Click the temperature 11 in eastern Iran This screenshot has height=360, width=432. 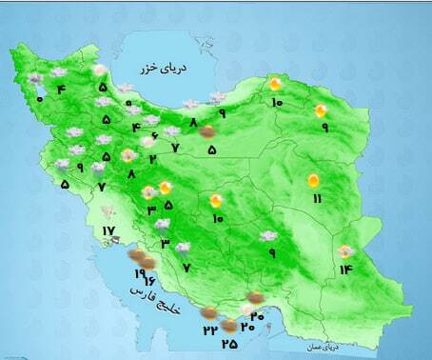[x=317, y=197]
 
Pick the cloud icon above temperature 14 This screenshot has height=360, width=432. [x=346, y=251]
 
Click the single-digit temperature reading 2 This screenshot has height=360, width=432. [x=152, y=158]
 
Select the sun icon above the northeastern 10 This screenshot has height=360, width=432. [x=274, y=84]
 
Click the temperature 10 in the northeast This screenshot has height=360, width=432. [x=275, y=103]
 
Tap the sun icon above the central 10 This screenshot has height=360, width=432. [x=217, y=200]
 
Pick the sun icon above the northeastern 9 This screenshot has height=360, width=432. [x=322, y=110]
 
